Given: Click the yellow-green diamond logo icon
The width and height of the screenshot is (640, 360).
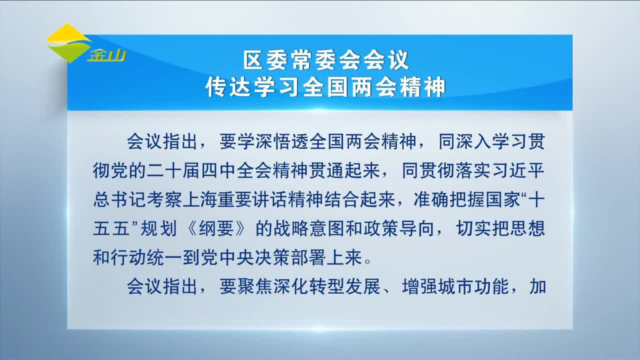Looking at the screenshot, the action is coord(68,43).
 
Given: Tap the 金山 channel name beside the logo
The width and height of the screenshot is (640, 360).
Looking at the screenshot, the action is coord(107,55).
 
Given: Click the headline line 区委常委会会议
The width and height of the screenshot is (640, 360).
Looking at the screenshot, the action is coord(326,60).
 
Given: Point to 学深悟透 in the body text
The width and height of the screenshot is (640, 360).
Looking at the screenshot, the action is coord(264,141).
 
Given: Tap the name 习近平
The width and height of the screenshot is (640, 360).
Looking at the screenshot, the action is coord(517,170).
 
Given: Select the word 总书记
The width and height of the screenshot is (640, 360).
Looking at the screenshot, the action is coord(120,199).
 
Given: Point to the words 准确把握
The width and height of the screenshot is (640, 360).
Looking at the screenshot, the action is coord(449,199).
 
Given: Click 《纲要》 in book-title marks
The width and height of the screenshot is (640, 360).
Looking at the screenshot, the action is coord(216,228).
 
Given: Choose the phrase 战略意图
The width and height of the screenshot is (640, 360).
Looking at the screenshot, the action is coord(309,228).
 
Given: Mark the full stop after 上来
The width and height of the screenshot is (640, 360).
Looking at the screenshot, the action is coord(368,262).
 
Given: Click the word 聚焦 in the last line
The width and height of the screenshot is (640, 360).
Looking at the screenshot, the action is coord(255,286).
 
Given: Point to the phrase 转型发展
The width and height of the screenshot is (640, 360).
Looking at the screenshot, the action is coord(345,286).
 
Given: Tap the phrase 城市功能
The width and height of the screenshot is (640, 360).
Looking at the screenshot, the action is coord(472,286).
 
